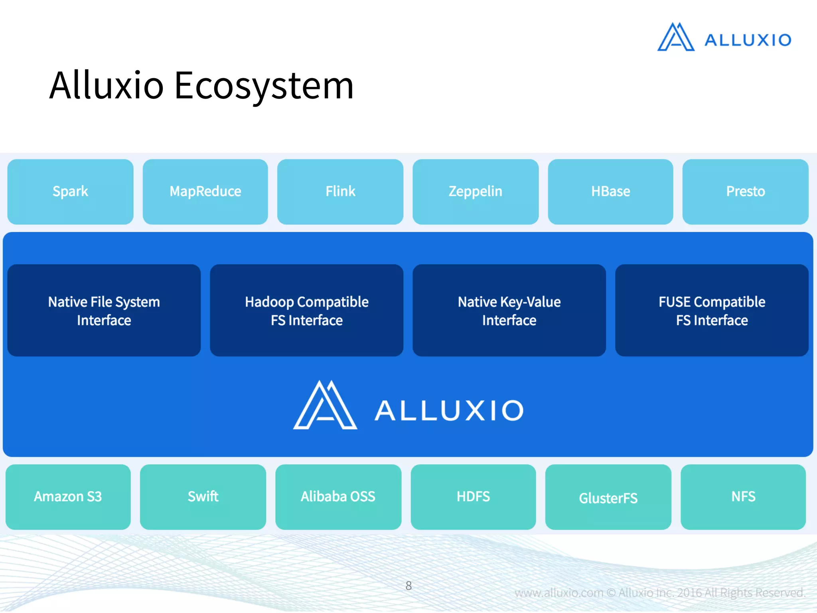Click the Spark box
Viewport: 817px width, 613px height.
tap(70, 192)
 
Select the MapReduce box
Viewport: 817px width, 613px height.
tap(205, 192)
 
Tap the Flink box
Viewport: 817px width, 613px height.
tap(340, 192)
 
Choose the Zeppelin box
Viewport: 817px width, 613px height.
tap(476, 192)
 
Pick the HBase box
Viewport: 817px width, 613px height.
tap(610, 192)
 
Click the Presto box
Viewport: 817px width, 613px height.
tap(745, 192)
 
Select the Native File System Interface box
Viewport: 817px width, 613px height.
tap(104, 310)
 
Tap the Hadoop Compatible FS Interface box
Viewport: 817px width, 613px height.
tap(306, 310)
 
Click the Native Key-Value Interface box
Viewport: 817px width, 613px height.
tap(509, 310)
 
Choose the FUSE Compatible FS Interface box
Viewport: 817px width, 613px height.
tap(712, 310)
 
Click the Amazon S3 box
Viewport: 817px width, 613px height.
tap(68, 497)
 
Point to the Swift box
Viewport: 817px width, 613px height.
tap(203, 497)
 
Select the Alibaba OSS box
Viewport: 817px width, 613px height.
tap(338, 497)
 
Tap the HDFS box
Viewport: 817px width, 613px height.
tap(473, 497)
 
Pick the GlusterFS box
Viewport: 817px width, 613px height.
tap(608, 497)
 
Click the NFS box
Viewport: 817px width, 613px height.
tap(743, 497)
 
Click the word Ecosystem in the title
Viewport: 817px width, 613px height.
tap(264, 85)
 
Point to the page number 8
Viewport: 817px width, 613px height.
tap(408, 585)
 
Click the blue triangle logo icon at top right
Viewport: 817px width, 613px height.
tap(676, 38)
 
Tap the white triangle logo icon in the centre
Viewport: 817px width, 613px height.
tap(325, 405)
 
